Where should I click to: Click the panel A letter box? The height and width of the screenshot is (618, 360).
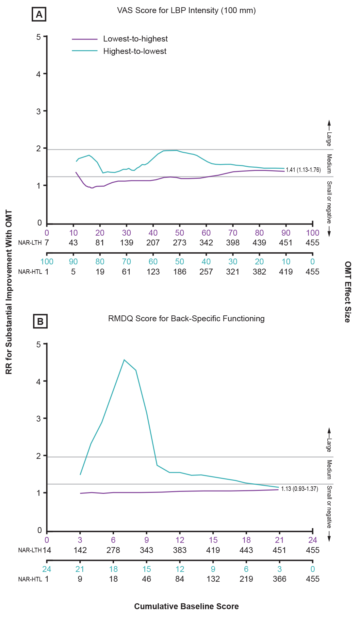pos(39,15)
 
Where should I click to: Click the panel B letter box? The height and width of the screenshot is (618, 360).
pos(40,321)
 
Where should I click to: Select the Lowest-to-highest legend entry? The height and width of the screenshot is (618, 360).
pos(135,39)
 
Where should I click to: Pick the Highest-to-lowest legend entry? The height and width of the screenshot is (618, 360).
pos(135,51)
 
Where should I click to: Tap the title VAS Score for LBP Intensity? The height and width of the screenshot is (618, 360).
pos(186,10)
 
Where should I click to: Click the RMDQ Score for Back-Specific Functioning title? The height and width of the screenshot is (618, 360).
pos(186,319)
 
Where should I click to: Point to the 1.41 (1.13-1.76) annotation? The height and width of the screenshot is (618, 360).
pos(303,170)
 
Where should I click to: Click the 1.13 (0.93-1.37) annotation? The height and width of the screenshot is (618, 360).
pos(300,489)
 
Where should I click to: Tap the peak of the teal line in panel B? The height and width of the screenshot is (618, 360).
pos(124,360)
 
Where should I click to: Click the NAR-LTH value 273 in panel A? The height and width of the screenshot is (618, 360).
pos(180,243)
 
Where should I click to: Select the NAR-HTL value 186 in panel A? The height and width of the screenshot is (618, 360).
pos(180,272)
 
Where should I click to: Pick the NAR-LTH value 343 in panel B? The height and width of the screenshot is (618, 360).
pos(147,550)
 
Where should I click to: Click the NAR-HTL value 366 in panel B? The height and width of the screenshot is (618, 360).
pos(279,579)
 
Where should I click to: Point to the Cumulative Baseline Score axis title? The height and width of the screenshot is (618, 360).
pos(186,607)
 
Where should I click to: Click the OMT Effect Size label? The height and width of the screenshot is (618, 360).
pos(348,292)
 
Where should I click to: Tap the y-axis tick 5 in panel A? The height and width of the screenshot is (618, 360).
pos(39,37)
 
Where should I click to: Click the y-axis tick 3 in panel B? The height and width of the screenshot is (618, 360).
pos(39,419)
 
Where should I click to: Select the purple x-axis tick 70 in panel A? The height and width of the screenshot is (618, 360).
pos(233,233)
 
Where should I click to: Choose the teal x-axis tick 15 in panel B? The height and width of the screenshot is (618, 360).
pos(147,569)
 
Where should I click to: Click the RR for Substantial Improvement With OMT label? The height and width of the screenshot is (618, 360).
pos(9,292)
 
